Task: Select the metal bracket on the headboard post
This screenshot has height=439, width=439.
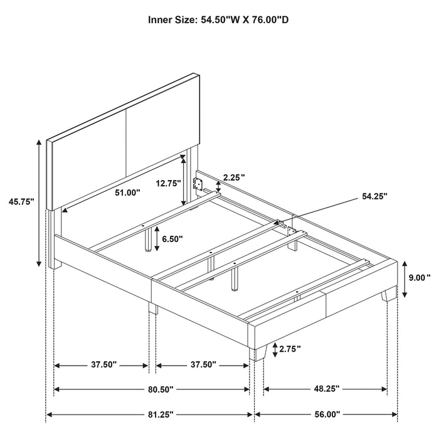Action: pyautogui.click(x=199, y=183)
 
